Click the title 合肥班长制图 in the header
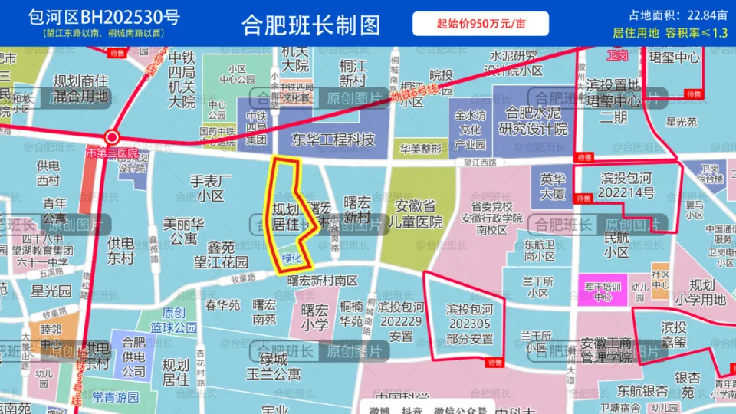click(x=310, y=25)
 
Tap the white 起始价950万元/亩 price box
click(x=481, y=24)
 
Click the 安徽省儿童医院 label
click(x=419, y=214)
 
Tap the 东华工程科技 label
click(x=332, y=140)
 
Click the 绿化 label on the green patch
click(x=292, y=258)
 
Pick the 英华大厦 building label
click(x=552, y=186)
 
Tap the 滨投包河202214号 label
click(x=627, y=186)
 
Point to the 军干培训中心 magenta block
click(x=603, y=290)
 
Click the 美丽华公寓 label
click(x=183, y=232)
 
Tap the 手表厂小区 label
click(x=210, y=189)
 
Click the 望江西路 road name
click(x=480, y=163)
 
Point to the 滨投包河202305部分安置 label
click(x=469, y=324)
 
